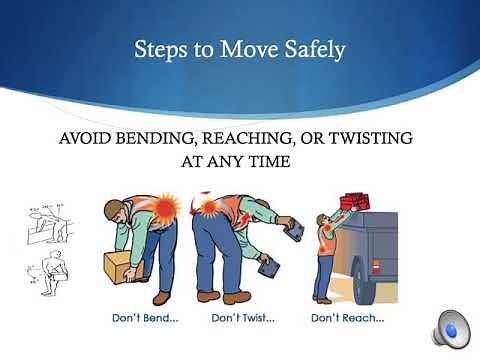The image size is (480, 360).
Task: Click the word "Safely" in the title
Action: [x=314, y=49]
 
